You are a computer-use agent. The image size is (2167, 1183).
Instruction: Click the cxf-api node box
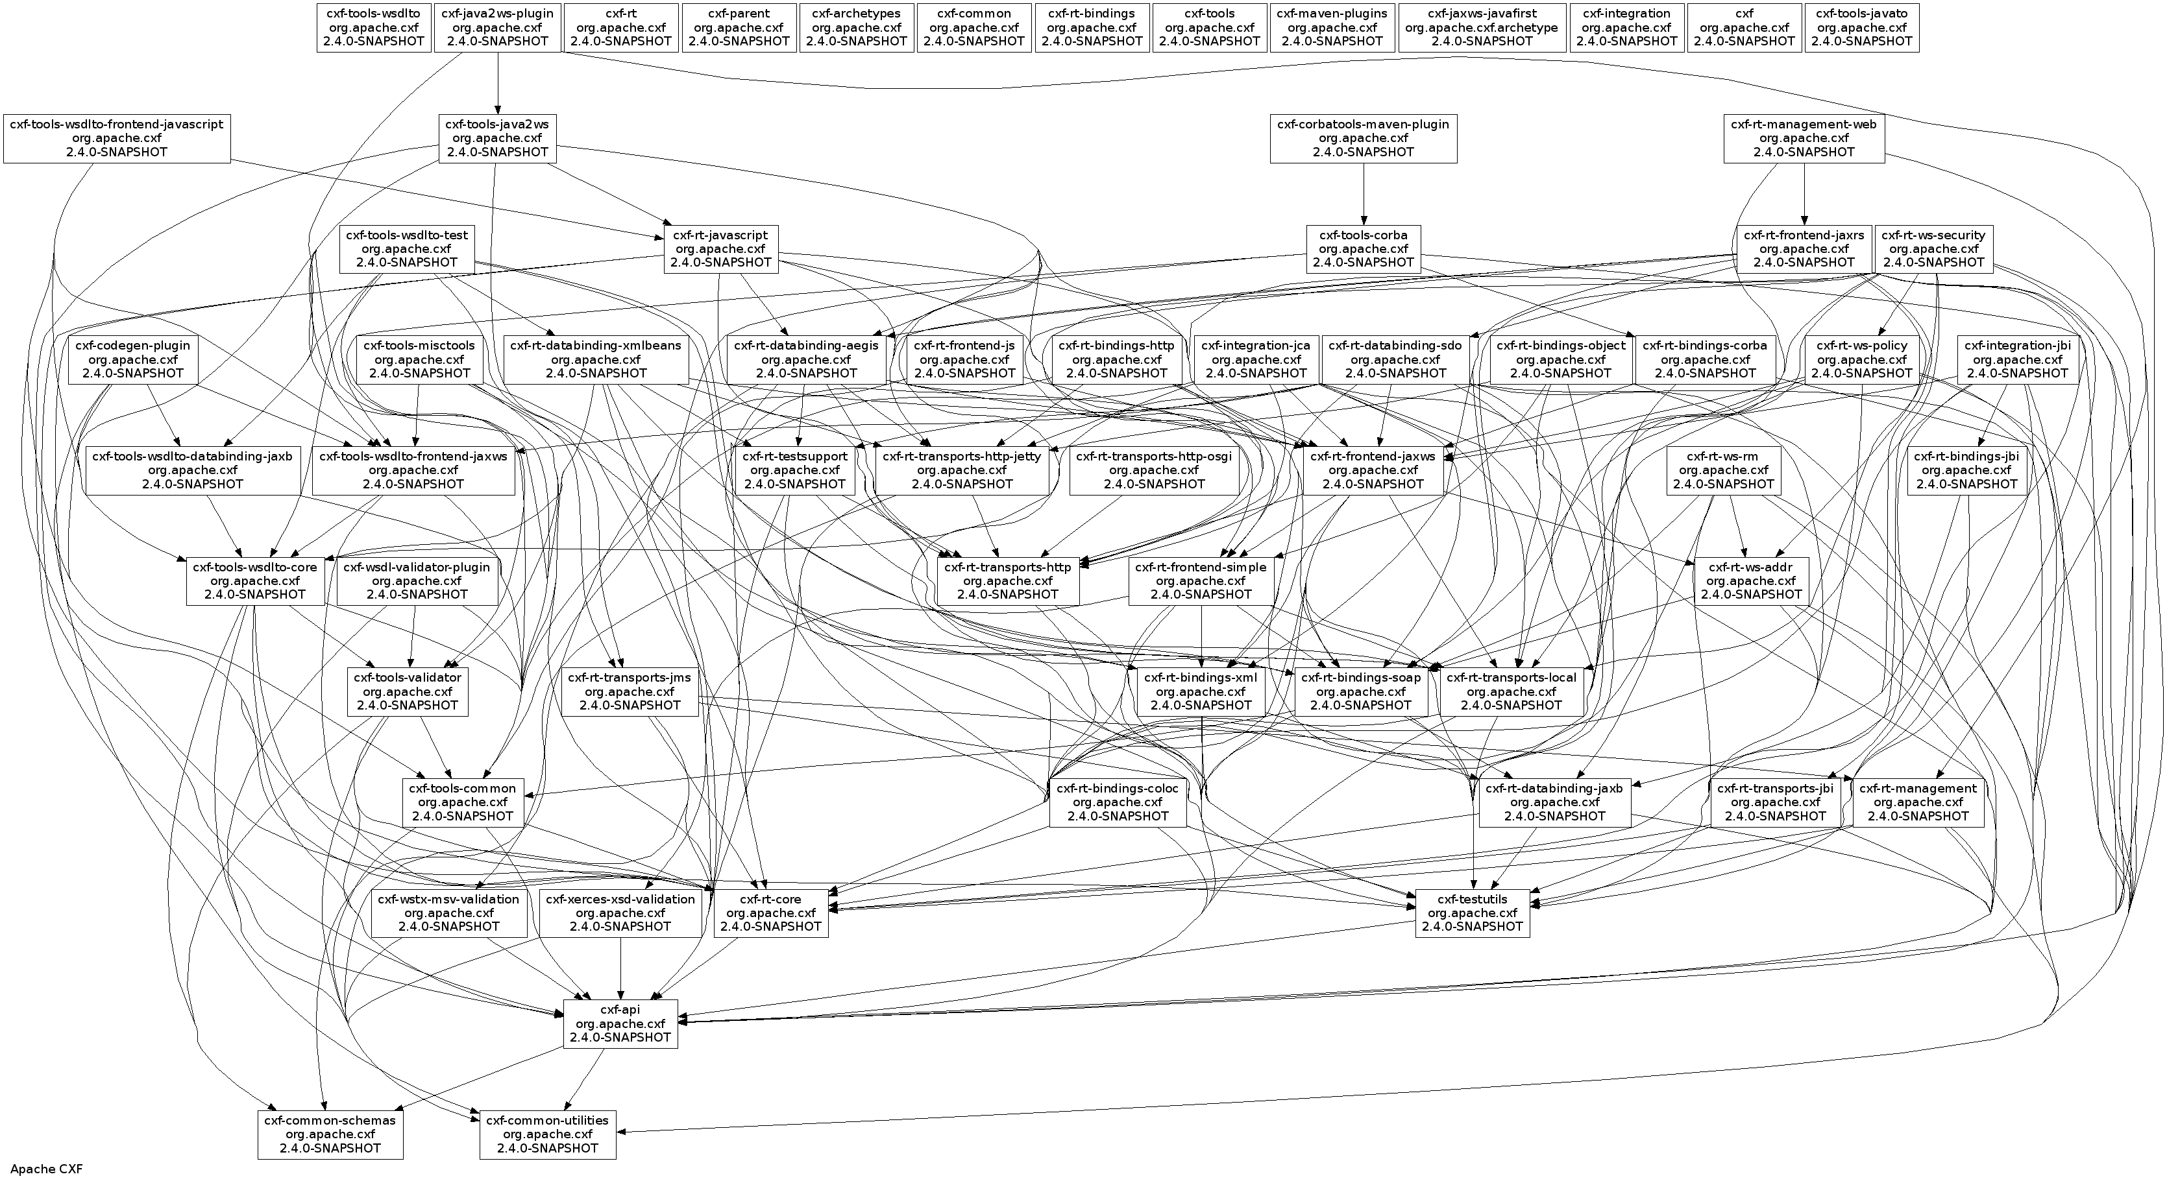(620, 1023)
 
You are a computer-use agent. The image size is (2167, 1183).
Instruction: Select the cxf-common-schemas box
(330, 1134)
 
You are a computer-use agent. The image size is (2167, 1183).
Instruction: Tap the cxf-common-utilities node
(548, 1134)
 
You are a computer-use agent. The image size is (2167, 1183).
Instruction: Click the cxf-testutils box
(1472, 913)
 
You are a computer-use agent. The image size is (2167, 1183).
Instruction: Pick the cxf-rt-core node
(770, 913)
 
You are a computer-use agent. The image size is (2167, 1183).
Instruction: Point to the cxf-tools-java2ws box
(497, 139)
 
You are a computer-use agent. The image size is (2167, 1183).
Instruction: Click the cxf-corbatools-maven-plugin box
(1363, 139)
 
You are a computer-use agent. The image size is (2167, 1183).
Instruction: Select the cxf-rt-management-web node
(1804, 139)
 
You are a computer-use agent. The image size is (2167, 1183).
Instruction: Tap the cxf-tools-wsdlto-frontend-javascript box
(117, 139)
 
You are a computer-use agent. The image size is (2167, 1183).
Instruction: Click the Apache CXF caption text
(46, 1169)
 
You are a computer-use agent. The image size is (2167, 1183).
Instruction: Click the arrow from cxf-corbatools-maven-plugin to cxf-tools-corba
(1364, 193)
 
